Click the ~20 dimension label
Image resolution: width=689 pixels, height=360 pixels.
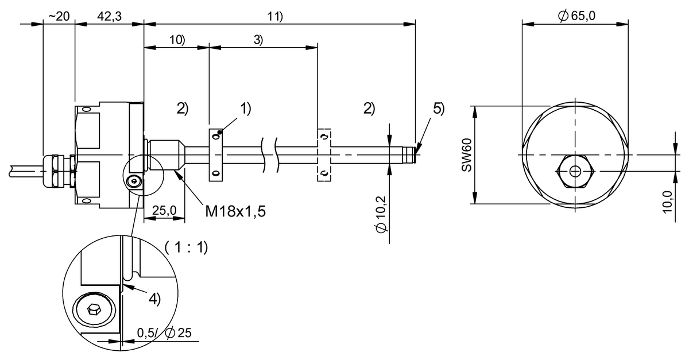pyautogui.click(x=59, y=16)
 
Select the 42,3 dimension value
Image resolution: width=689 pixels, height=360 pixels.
pyautogui.click(x=109, y=16)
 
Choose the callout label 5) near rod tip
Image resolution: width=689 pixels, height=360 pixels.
pyautogui.click(x=439, y=109)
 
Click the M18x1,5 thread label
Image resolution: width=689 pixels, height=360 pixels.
pyautogui.click(x=235, y=211)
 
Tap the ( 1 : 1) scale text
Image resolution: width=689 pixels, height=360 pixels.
pyautogui.click(x=186, y=247)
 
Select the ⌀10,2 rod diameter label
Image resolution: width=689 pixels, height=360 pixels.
pyautogui.click(x=381, y=212)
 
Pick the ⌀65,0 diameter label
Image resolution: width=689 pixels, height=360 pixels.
pyautogui.click(x=576, y=16)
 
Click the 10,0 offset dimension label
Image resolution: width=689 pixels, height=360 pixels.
pyautogui.click(x=668, y=201)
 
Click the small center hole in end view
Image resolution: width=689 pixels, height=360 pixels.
pyautogui.click(x=575, y=171)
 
